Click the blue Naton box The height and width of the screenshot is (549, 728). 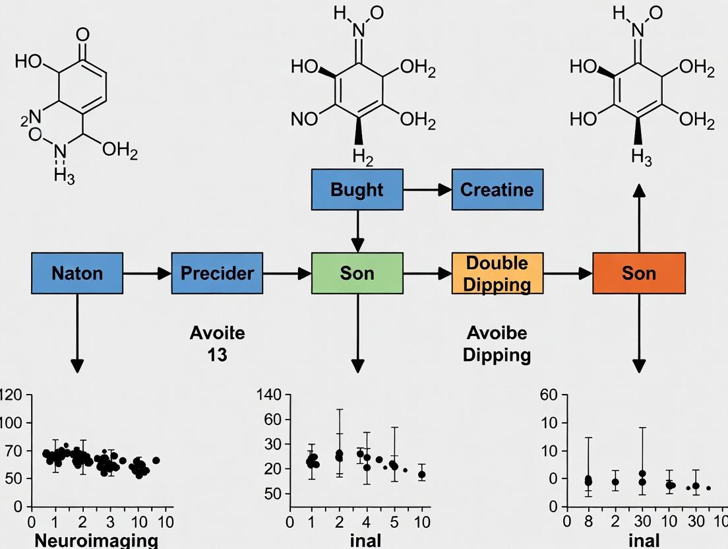[77, 272]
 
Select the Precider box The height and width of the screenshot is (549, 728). [217, 272]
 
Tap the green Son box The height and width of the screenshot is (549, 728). [357, 272]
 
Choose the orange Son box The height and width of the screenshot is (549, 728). [639, 272]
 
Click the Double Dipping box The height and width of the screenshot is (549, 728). [497, 272]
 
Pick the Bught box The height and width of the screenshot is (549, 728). [357, 189]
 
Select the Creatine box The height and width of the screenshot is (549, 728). [497, 189]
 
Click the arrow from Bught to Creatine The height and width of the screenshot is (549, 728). [427, 189]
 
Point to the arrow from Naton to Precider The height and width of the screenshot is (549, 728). [147, 272]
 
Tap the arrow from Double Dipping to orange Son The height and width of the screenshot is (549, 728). [568, 272]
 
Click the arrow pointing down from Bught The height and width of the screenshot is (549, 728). [357, 231]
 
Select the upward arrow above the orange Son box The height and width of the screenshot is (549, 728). [639, 218]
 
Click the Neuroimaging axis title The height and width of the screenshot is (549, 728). [96, 540]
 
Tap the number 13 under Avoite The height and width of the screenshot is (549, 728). [217, 354]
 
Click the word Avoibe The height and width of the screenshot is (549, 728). [497, 333]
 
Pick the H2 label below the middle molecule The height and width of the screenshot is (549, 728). [362, 156]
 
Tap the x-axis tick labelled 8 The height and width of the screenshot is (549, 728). [588, 522]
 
